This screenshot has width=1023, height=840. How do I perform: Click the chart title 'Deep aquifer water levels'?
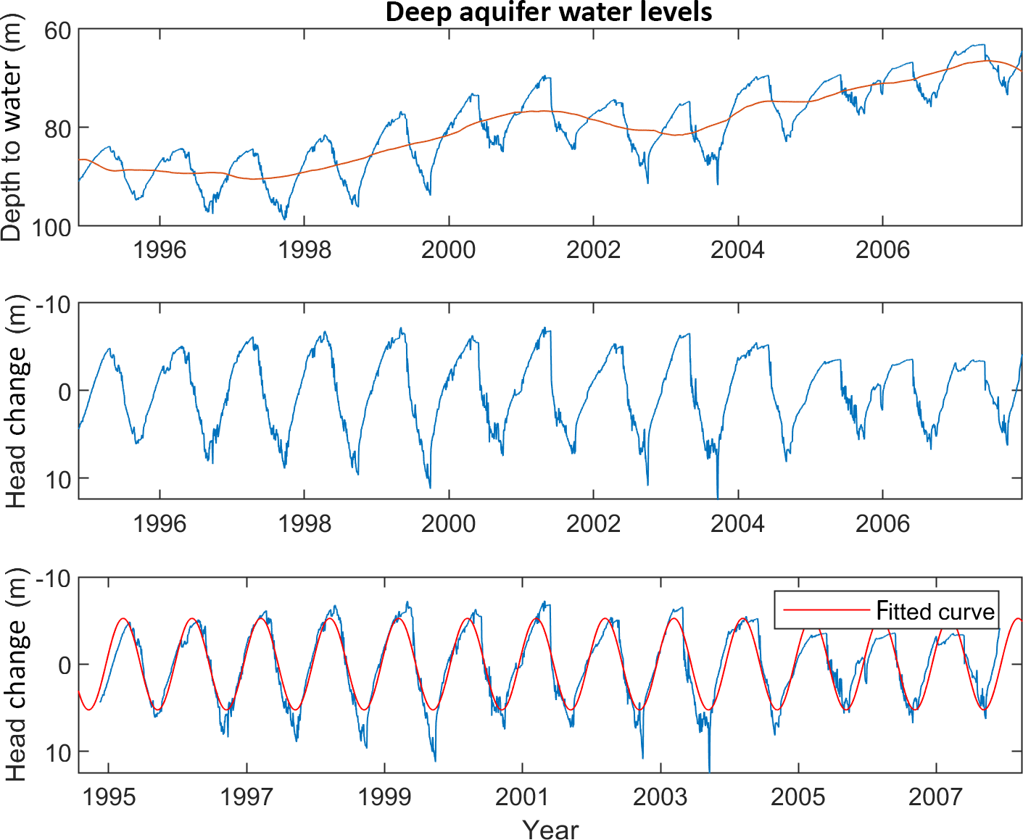548,12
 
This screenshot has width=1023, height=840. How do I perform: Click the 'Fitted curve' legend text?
935,611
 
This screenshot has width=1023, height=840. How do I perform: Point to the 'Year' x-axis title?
550,829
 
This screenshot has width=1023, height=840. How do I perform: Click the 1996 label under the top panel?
160,250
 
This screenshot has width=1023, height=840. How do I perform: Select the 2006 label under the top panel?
882,250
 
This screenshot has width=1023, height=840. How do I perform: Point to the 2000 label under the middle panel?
449,523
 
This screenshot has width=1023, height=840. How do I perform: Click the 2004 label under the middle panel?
737,523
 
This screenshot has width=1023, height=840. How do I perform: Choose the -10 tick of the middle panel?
54,305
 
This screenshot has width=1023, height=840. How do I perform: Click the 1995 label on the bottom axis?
109,797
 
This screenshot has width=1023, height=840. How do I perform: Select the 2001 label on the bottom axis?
522,797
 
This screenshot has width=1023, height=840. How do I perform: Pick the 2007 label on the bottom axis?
935,797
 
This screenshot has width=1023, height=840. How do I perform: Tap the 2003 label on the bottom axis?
660,797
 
